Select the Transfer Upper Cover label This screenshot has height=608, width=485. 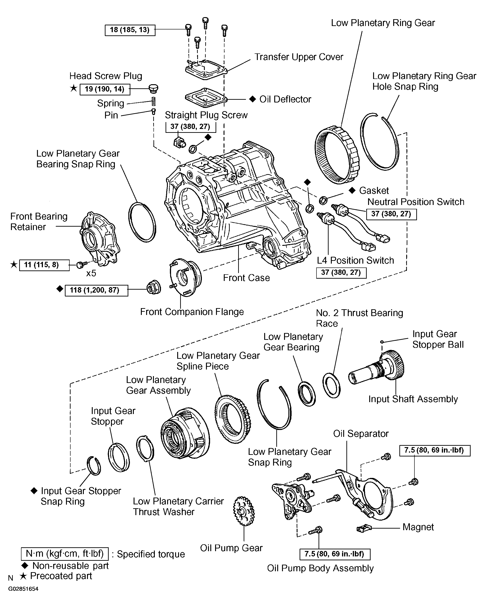pyautogui.click(x=299, y=57)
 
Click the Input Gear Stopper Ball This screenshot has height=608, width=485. pyautogui.click(x=382, y=342)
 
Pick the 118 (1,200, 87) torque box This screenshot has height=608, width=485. pyautogui.click(x=96, y=290)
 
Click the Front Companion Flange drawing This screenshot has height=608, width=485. pyautogui.click(x=185, y=277)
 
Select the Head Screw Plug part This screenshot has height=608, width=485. pyautogui.click(x=153, y=89)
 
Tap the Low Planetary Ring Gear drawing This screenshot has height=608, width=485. pyautogui.click(x=337, y=155)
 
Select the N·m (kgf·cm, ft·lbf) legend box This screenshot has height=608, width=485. pyautogui.click(x=65, y=554)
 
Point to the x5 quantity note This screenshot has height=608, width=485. pyautogui.click(x=91, y=273)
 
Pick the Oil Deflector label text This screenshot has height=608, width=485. pyautogui.click(x=285, y=99)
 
